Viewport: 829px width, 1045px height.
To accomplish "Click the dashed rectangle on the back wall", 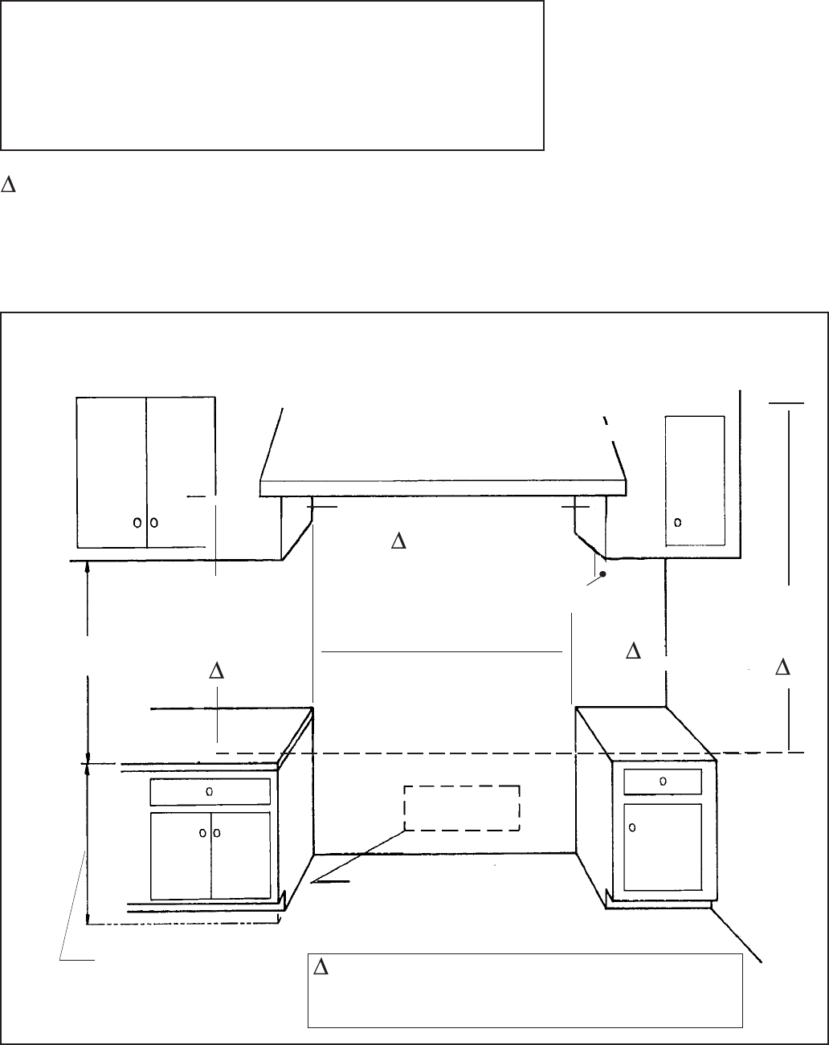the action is click(462, 808).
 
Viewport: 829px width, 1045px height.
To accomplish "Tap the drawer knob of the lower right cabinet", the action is click(662, 780).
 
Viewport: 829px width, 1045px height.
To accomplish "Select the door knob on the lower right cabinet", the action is click(633, 827).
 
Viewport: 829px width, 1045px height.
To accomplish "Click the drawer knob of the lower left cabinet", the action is click(210, 791).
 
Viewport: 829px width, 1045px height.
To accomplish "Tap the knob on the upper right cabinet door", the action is click(678, 521).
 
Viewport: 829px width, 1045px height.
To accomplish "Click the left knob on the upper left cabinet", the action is click(137, 522).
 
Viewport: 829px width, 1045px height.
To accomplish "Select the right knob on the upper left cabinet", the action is click(153, 522).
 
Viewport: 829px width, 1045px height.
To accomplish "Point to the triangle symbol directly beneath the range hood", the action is click(397, 541).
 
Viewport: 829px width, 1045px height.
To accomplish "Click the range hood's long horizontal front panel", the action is click(443, 488).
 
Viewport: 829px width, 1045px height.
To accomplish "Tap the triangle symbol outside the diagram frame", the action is click(10, 185).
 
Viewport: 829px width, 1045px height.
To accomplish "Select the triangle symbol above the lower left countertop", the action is click(215, 671).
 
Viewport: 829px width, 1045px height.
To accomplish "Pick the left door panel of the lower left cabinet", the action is click(181, 855).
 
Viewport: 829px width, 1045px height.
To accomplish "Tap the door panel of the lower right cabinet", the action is click(663, 846).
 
